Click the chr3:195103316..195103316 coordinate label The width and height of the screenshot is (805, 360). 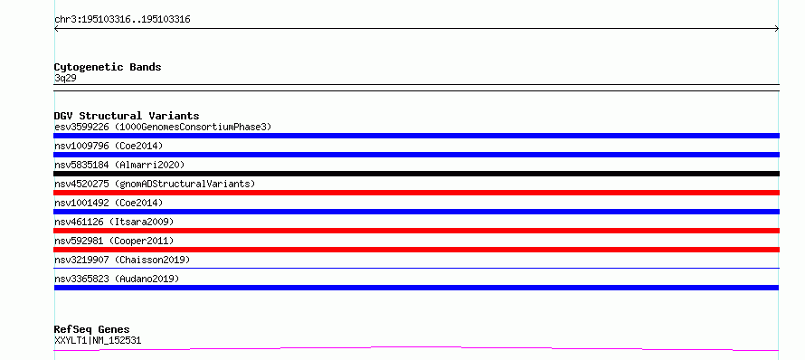pyautogui.click(x=122, y=20)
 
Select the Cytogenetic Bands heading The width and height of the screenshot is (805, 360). pyautogui.click(x=108, y=67)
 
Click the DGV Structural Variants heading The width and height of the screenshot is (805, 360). pyautogui.click(x=127, y=116)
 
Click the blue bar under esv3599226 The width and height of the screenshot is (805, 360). pyautogui.click(x=416, y=136)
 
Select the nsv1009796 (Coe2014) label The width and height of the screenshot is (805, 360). pyautogui.click(x=109, y=146)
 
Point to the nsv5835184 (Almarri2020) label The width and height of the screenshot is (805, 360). pyautogui.click(x=119, y=165)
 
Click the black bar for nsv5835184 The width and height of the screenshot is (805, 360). pyautogui.click(x=416, y=174)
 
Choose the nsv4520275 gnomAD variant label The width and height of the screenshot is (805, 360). pyautogui.click(x=155, y=184)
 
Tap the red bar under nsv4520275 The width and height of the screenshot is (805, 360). pyautogui.click(x=416, y=193)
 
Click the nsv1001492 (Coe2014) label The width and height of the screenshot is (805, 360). pyautogui.click(x=109, y=203)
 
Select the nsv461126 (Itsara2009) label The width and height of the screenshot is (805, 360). pyautogui.click(x=114, y=222)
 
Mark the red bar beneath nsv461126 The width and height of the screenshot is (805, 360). pyautogui.click(x=416, y=231)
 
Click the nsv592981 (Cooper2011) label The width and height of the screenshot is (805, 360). pyautogui.click(x=114, y=241)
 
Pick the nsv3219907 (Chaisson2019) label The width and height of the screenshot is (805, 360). pyautogui.click(x=122, y=260)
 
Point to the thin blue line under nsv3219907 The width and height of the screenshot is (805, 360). pyautogui.click(x=416, y=268)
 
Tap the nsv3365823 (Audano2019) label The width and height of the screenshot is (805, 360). pyautogui.click(x=117, y=279)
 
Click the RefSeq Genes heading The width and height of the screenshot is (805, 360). pyautogui.click(x=92, y=329)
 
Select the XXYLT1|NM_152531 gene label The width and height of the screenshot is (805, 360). pyautogui.click(x=98, y=340)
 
